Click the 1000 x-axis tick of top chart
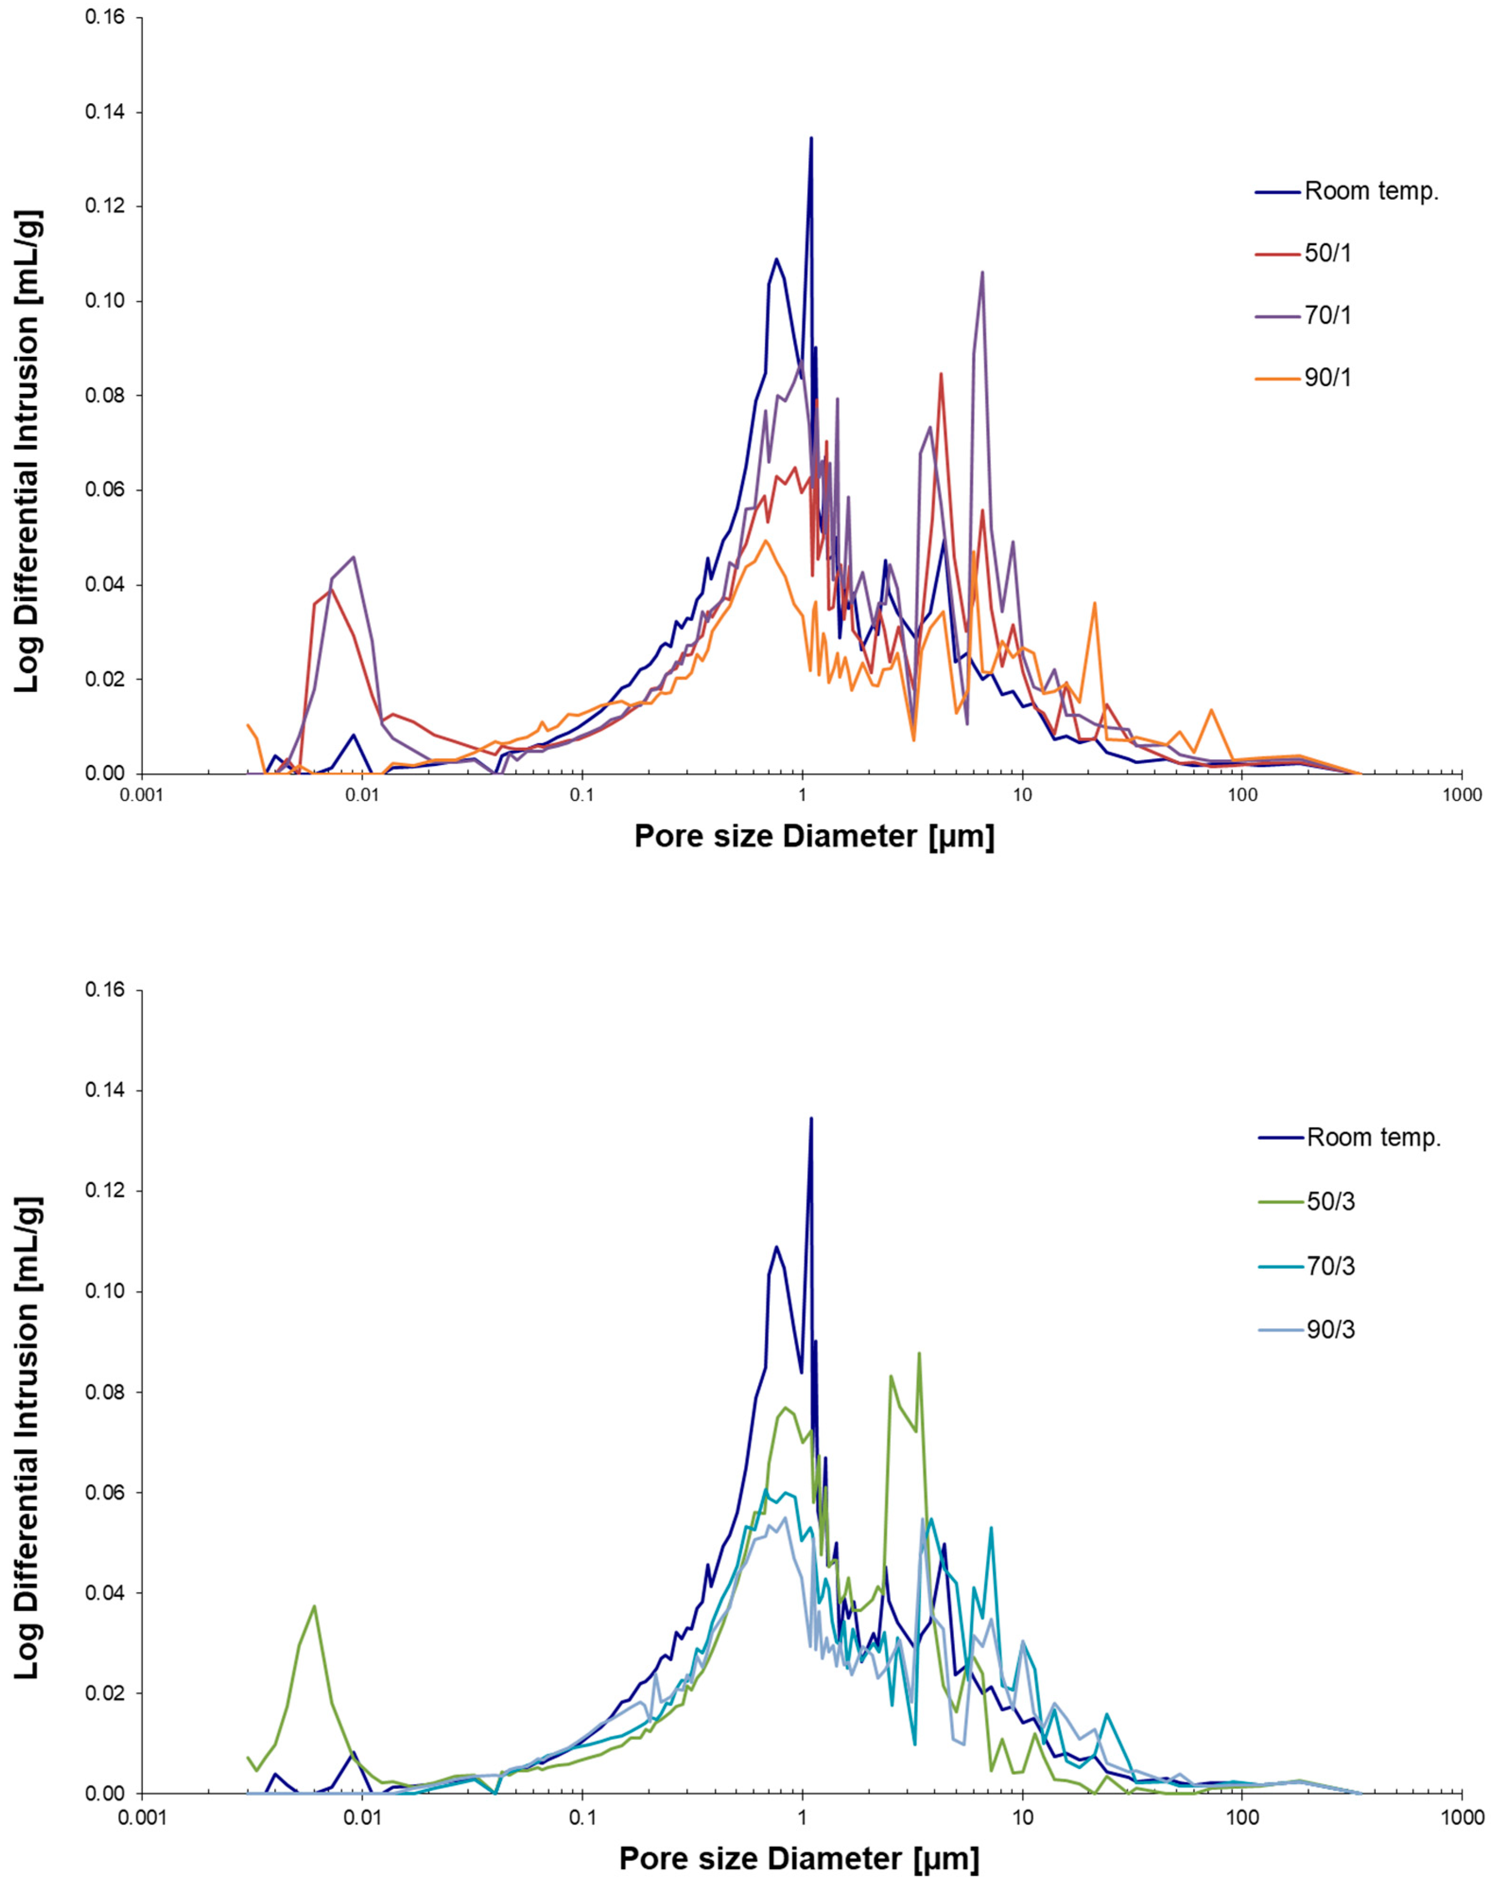(1462, 795)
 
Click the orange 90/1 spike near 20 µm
(1095, 603)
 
